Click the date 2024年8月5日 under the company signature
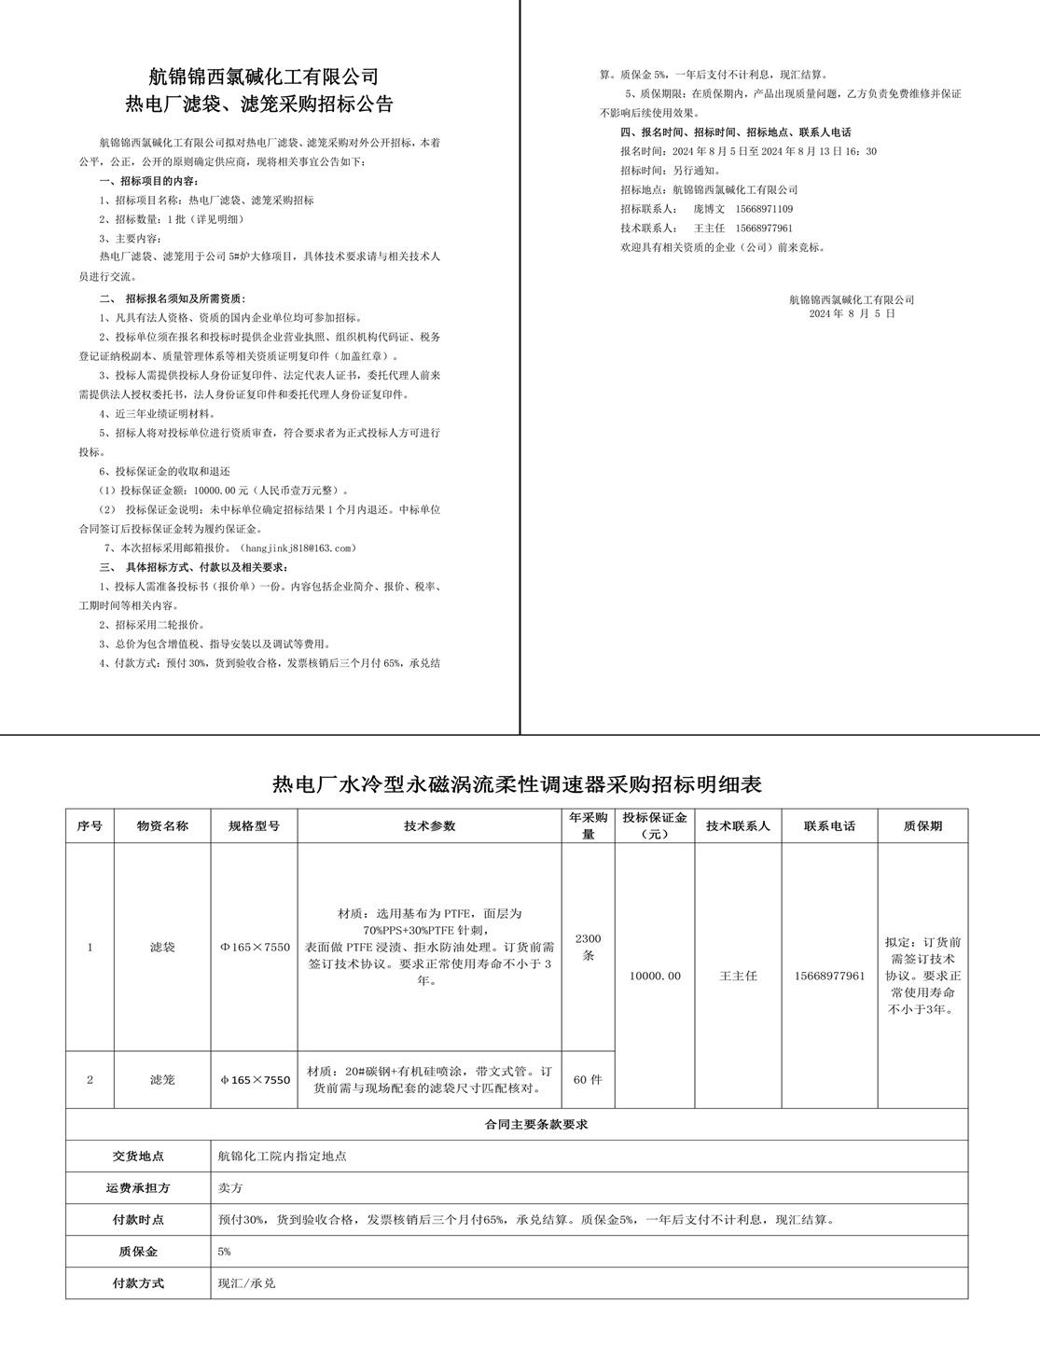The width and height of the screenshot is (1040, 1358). tap(852, 314)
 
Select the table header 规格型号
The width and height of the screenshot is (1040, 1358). tap(254, 825)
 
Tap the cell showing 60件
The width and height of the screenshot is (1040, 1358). tap(588, 1079)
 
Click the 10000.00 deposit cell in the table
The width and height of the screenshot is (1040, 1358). tap(655, 976)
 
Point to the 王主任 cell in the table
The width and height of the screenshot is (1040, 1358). tap(738, 976)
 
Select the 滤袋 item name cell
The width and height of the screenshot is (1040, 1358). tap(162, 948)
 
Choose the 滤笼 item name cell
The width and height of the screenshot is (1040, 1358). tap(162, 1080)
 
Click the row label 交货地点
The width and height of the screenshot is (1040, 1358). tap(138, 1156)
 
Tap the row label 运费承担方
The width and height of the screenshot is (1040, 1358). tap(138, 1188)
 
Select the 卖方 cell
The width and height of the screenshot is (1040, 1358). tap(229, 1188)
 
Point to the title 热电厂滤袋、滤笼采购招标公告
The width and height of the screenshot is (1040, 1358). tap(264, 104)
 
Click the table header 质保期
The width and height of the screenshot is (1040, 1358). tap(922, 825)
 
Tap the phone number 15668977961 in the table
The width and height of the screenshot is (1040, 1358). tap(830, 976)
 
